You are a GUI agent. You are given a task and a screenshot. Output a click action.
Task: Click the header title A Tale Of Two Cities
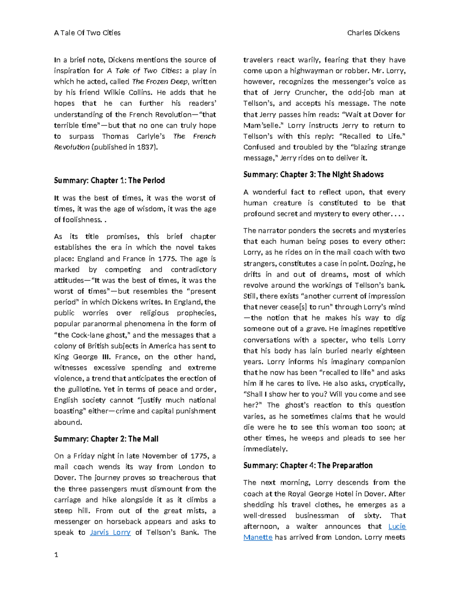(x=87, y=33)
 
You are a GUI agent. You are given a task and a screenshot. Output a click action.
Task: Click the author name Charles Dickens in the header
(x=373, y=33)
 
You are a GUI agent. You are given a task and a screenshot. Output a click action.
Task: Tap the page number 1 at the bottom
(x=56, y=555)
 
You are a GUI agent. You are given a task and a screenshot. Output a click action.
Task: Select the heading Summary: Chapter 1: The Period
(x=109, y=180)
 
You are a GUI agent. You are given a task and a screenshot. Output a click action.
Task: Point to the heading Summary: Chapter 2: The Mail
(x=106, y=439)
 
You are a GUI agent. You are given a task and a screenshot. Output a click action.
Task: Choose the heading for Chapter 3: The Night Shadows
(x=313, y=175)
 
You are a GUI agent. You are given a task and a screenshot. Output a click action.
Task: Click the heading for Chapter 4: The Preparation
(x=308, y=466)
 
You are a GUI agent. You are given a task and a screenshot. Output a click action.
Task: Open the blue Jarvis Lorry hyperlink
(x=110, y=532)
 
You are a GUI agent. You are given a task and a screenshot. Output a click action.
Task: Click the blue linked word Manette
(x=258, y=537)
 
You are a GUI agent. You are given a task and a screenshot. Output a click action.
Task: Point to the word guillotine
(x=85, y=389)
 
